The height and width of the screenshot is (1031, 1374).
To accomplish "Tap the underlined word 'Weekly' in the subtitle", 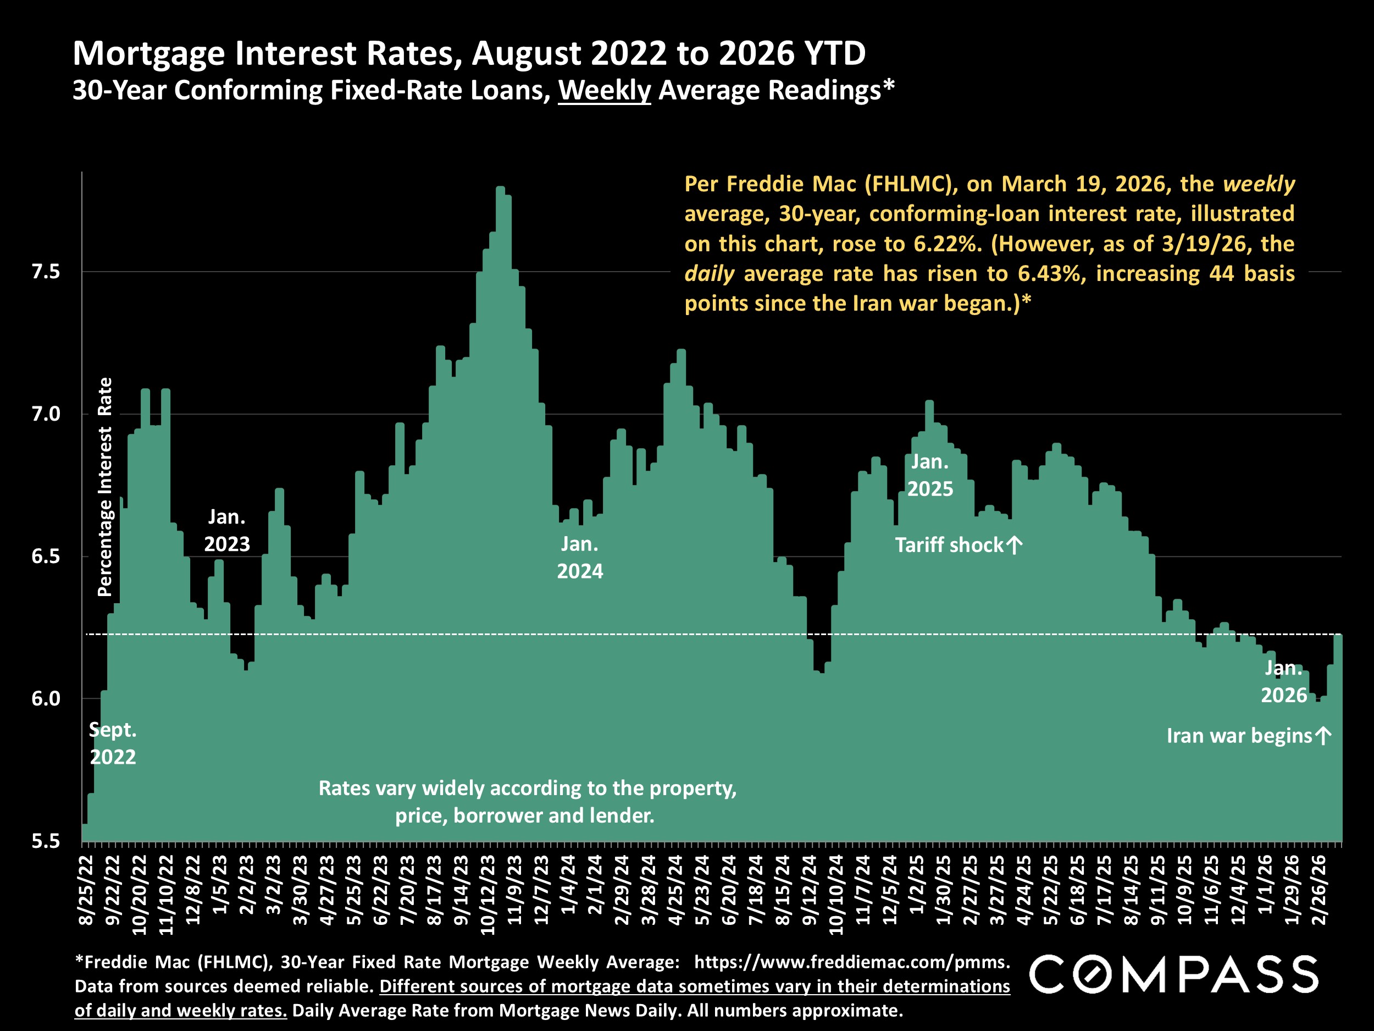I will coord(604,91).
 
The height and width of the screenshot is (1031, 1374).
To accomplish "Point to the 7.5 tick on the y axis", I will coord(46,272).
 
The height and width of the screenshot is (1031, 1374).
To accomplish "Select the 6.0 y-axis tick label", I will coord(46,698).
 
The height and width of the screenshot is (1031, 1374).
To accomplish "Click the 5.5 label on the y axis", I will coord(46,841).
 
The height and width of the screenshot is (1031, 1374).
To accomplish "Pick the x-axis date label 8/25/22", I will coord(86,890).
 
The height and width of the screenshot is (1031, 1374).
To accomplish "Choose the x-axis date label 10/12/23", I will coord(488,895).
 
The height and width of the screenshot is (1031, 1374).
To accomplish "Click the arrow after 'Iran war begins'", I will coord(1323,736).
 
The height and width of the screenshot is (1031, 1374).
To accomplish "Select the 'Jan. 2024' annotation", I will coord(579,558).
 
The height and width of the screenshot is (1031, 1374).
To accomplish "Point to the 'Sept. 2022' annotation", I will coord(113,743).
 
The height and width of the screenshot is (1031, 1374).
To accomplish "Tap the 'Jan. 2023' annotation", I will coord(227,530).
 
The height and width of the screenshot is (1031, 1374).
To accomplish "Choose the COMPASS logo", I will coord(1174,975).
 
